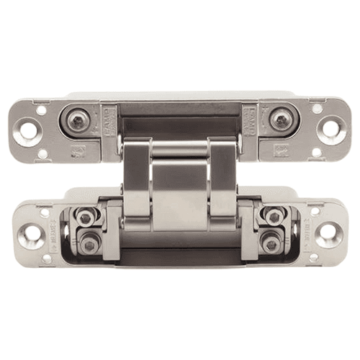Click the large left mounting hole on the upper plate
click(x=28, y=130)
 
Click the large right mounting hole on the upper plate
click(x=330, y=130)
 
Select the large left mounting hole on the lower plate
click(x=31, y=233)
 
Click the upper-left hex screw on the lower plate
click(x=86, y=217)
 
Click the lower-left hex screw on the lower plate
click(x=89, y=245)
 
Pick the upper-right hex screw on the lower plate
click(x=274, y=217)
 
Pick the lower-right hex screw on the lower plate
click(x=271, y=245)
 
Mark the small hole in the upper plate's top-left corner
click(x=41, y=109)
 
